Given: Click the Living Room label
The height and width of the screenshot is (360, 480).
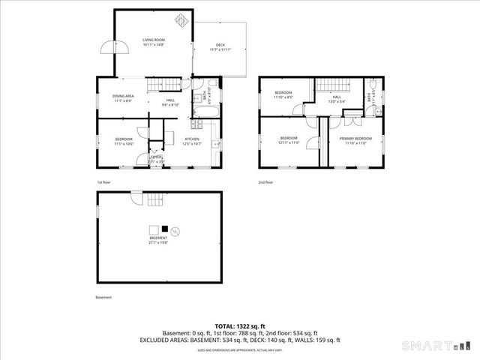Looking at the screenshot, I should (x=154, y=40).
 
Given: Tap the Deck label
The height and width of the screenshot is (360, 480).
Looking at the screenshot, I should (x=220, y=46).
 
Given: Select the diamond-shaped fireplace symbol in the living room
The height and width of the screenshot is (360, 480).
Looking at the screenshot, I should (x=180, y=21).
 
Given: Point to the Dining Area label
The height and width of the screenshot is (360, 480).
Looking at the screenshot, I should (x=123, y=97).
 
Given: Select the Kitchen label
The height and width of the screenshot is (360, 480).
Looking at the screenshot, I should (x=192, y=139).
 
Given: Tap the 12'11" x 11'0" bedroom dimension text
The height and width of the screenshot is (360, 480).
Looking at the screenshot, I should (x=289, y=143).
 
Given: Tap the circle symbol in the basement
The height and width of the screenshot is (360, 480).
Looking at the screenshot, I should (x=175, y=229).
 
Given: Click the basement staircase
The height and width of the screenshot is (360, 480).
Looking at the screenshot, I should (x=154, y=199).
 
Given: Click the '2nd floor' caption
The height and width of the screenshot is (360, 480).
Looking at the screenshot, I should (x=266, y=182).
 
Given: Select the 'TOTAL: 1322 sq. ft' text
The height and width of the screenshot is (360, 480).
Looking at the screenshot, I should (x=239, y=325).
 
